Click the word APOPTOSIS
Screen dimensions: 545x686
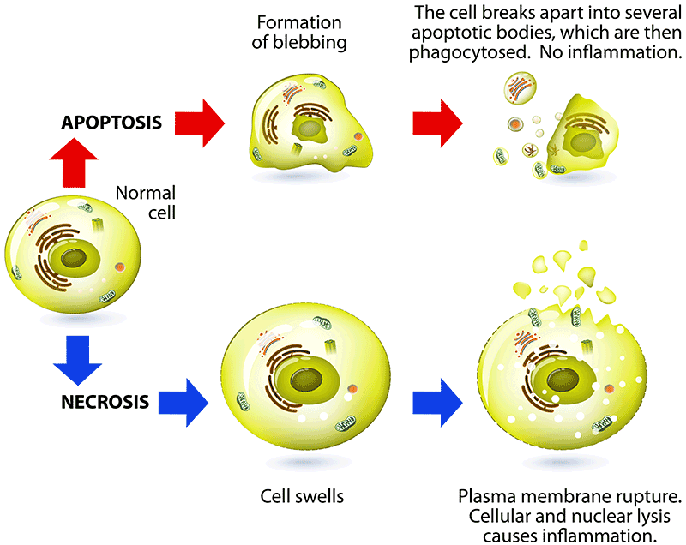point(111,122)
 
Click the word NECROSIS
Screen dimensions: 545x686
point(106,400)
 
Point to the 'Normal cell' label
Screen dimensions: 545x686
point(145,203)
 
